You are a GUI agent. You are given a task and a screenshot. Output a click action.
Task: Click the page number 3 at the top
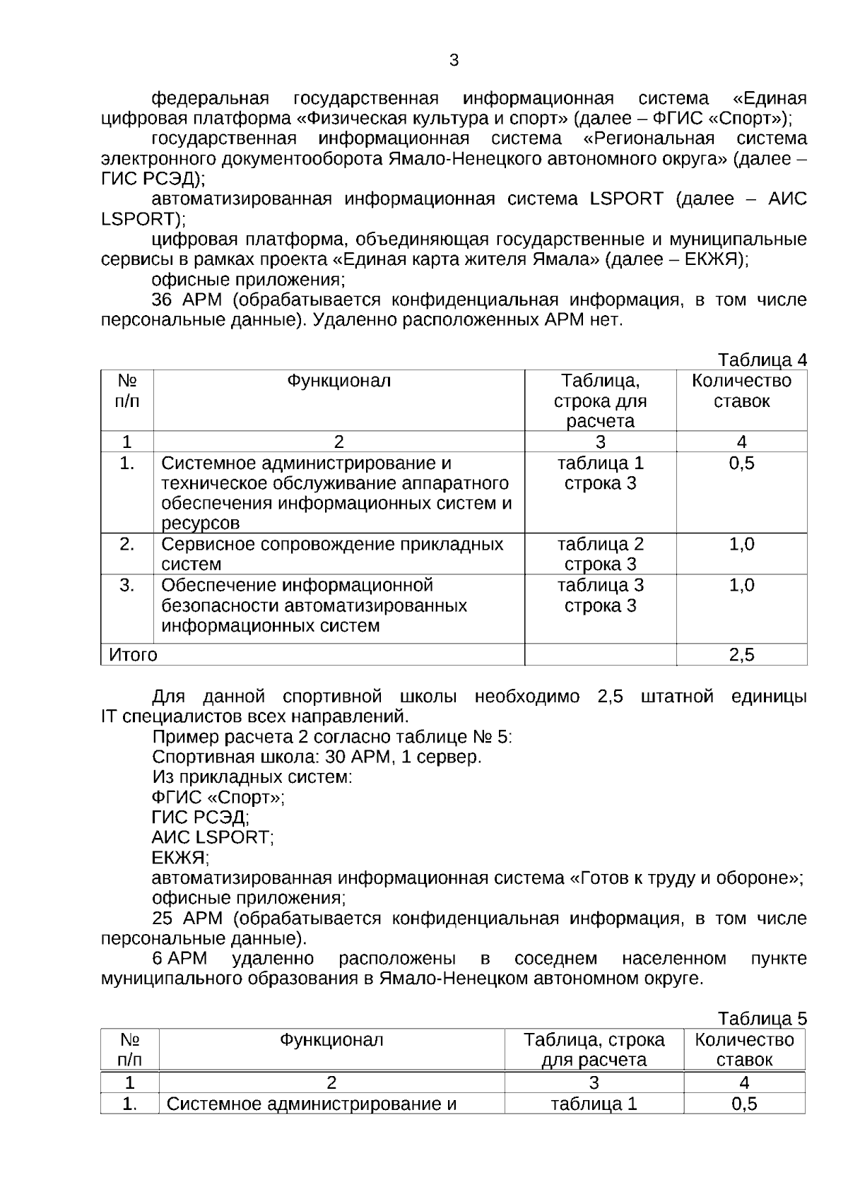click(454, 60)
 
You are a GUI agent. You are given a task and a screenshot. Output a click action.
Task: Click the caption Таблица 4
click(762, 360)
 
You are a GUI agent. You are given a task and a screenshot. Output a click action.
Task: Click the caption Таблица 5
click(762, 1019)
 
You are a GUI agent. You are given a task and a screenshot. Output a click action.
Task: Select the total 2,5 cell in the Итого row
click(741, 655)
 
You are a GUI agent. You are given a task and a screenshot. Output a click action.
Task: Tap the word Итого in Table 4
click(134, 655)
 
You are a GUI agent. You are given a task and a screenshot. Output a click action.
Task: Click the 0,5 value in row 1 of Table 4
click(741, 463)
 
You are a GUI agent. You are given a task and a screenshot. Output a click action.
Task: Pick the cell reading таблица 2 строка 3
click(600, 554)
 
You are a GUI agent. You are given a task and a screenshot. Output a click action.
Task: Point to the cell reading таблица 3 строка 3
click(600, 596)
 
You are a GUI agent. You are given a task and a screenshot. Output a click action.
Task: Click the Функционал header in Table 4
click(338, 382)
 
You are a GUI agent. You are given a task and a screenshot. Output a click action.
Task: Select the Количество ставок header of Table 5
click(744, 1049)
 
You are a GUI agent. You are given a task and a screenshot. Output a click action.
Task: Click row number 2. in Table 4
click(127, 544)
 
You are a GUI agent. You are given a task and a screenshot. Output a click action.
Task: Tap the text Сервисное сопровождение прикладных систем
click(332, 554)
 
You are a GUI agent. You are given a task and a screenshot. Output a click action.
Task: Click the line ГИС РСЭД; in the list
click(200, 817)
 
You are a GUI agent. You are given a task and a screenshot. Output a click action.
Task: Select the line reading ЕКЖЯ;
click(180, 858)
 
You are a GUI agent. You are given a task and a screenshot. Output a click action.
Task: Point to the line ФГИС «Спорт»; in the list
click(218, 798)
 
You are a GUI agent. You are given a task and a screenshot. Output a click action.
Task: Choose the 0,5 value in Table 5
click(744, 1104)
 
